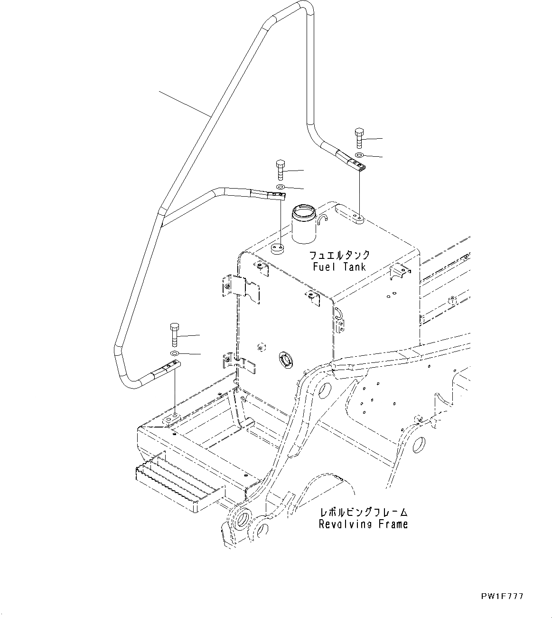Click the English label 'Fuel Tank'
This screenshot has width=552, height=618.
click(x=339, y=266)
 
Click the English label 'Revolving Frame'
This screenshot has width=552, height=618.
click(x=363, y=524)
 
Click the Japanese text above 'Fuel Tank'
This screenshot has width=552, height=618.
click(x=339, y=255)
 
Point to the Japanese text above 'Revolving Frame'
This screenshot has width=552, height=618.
click(x=364, y=513)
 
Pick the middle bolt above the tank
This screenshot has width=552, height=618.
click(x=280, y=170)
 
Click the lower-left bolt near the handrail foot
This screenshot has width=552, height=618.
click(x=174, y=334)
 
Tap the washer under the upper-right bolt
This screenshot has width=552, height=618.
click(x=359, y=155)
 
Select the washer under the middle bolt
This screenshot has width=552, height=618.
click(x=280, y=188)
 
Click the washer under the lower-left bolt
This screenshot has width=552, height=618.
click(x=175, y=353)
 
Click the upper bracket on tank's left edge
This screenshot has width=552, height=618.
click(x=241, y=288)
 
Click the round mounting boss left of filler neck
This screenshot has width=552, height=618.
click(x=277, y=248)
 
